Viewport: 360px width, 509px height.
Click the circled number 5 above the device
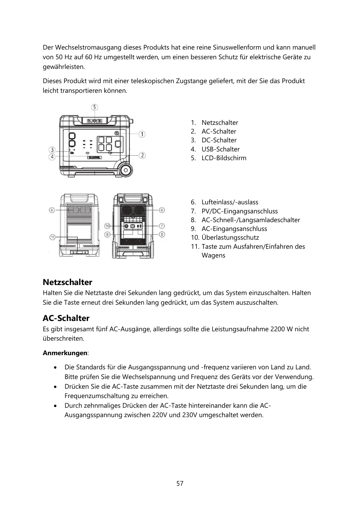[95, 107]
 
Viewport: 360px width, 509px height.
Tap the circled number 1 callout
[142, 134]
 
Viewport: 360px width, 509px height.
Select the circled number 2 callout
[142, 155]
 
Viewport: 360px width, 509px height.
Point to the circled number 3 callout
[52, 150]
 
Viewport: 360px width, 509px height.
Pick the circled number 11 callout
[52, 237]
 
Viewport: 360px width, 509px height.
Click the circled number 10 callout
[108, 226]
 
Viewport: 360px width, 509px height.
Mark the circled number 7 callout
[162, 226]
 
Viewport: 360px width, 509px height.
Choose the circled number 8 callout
[162, 234]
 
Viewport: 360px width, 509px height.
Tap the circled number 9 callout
[108, 234]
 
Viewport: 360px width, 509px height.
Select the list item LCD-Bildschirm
[224, 158]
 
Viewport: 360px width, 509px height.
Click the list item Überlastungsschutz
[230, 238]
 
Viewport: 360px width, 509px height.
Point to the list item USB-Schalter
[220, 149]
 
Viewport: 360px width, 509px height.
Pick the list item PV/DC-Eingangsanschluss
[239, 211]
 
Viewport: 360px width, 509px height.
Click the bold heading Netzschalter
[67, 282]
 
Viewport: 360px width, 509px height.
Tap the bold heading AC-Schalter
[66, 318]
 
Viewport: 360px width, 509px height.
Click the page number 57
[180, 484]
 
